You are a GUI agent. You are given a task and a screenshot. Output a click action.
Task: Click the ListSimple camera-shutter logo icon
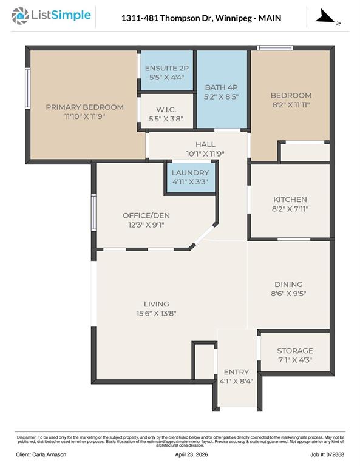pyautogui.click(x=20, y=16)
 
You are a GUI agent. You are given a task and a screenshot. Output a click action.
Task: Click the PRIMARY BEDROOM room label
pyautogui.click(x=85, y=107)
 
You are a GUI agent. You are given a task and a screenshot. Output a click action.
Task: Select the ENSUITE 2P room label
pyautogui.click(x=167, y=68)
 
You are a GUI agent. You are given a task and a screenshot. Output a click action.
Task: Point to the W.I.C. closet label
pyautogui.click(x=166, y=109)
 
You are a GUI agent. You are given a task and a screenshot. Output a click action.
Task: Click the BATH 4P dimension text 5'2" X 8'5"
pyautogui.click(x=221, y=96)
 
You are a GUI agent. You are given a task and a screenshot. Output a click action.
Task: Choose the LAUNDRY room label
pyautogui.click(x=190, y=173)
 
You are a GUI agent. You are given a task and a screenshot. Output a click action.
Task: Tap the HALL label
pyautogui.click(x=205, y=144)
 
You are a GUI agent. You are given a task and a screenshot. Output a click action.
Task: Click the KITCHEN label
pyautogui.click(x=290, y=200)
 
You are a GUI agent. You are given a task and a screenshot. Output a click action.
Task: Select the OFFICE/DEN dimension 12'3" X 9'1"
pyautogui.click(x=146, y=225)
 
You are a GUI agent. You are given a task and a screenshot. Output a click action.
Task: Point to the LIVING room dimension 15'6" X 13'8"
pyautogui.click(x=157, y=313)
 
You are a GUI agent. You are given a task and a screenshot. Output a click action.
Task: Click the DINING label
pyautogui.click(x=288, y=285)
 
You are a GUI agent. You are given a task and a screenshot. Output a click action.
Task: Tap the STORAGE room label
pyautogui.click(x=295, y=351)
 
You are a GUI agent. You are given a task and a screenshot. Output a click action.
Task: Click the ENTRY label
pyautogui.click(x=236, y=372)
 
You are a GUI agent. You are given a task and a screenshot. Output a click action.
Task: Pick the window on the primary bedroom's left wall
pyautogui.click(x=28, y=88)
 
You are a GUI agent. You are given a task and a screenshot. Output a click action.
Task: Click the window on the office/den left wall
pyautogui.click(x=93, y=212)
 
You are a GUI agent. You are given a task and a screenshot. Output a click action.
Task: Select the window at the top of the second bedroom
pyautogui.click(x=275, y=47)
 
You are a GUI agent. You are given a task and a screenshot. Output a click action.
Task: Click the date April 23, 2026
pyautogui.click(x=191, y=454)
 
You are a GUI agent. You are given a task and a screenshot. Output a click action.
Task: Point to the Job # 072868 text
pyautogui.click(x=327, y=454)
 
